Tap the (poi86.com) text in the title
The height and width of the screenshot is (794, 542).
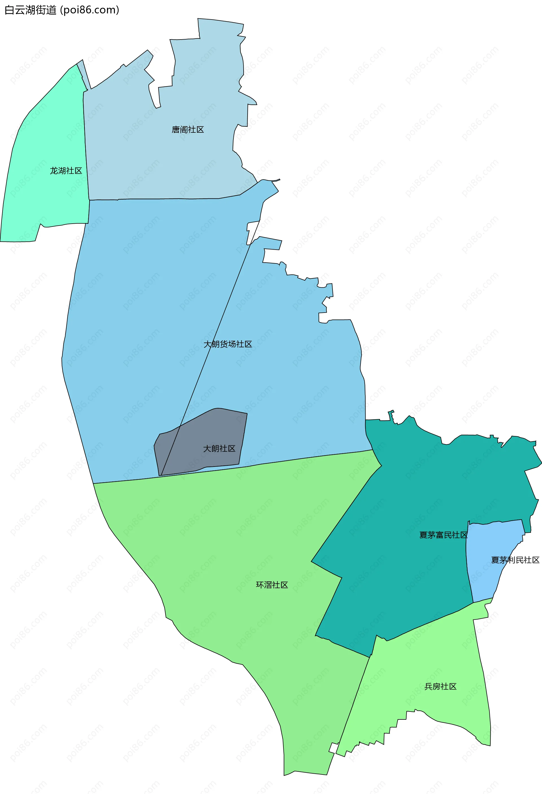coord(89,10)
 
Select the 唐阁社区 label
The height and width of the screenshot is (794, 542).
coord(187,130)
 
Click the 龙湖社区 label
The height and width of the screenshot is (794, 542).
coord(66,171)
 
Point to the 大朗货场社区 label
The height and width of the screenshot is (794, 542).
coord(228,344)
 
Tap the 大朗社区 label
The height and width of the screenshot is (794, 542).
coord(219,449)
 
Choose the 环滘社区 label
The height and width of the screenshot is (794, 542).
coord(272,585)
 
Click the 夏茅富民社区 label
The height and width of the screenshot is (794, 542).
coord(443,535)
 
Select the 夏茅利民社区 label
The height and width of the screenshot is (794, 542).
coord(515,560)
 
